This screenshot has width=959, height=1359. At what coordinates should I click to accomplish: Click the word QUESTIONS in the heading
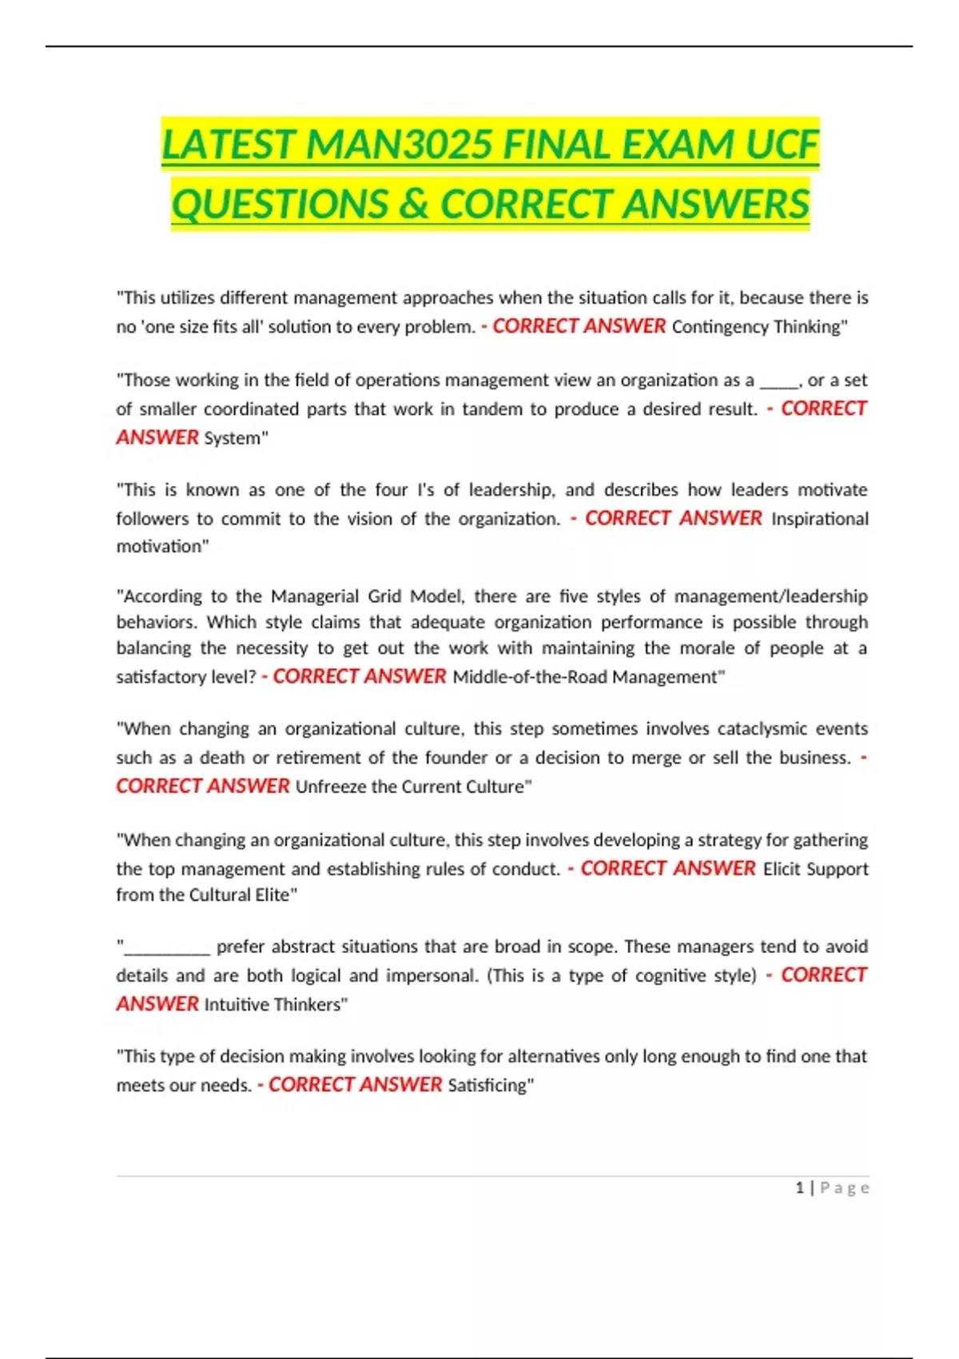coord(280,204)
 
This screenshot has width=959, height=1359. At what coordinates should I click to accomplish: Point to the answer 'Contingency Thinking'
coord(756,326)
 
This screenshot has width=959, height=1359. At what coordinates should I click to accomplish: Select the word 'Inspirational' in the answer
coord(819,519)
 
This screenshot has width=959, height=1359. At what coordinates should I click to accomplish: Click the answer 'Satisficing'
coord(487,1086)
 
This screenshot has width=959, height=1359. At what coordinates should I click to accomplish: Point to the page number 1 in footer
coord(799,1188)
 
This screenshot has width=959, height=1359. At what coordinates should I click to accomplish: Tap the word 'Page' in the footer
coord(845,1188)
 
